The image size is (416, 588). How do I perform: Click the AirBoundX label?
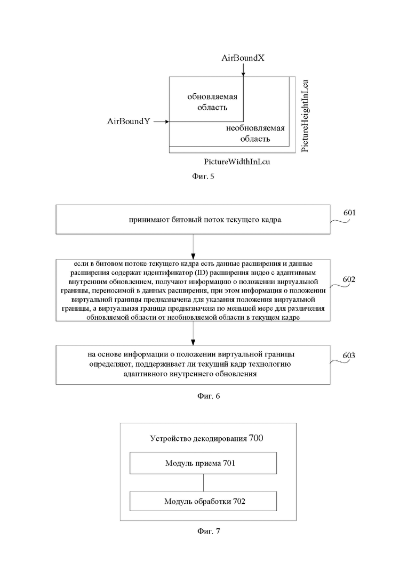click(243, 58)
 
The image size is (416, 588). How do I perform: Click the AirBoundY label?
click(129, 121)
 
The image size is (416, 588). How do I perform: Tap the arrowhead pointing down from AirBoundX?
click(243, 74)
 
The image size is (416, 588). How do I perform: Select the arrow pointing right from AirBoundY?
click(161, 122)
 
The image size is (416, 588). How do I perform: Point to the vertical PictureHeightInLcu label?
click(305, 116)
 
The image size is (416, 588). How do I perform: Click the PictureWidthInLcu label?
click(237, 162)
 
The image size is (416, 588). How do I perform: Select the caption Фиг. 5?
click(203, 176)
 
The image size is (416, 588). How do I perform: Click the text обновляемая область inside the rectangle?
click(212, 102)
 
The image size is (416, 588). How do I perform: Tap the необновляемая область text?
click(255, 133)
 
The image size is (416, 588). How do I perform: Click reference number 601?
click(349, 213)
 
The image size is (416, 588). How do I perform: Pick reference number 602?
click(349, 279)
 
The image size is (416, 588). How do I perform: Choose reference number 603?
click(349, 356)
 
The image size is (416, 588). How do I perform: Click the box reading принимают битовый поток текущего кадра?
click(193, 220)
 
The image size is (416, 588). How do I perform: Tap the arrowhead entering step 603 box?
click(193, 342)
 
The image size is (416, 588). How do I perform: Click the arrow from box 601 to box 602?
click(193, 246)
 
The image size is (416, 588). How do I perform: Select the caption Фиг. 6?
click(209, 396)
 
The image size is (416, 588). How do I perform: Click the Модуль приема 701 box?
click(203, 463)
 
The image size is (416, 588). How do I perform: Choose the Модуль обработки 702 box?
click(203, 502)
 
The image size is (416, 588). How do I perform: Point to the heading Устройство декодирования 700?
click(207, 438)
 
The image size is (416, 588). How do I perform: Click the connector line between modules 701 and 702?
click(203, 482)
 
